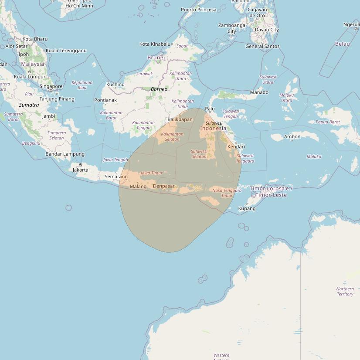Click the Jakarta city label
tap(81, 170)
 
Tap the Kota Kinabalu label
tap(154, 44)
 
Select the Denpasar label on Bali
tap(164, 186)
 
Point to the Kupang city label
tap(247, 208)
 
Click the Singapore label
tap(51, 86)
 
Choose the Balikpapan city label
tap(180, 119)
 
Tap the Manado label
tap(259, 92)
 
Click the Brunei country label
tap(156, 58)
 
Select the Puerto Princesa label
tap(198, 10)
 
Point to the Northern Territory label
tap(345, 292)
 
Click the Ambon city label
tap(292, 136)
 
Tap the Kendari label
tap(236, 146)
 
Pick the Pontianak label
tap(105, 100)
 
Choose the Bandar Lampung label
tap(65, 154)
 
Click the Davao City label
tap(267, 30)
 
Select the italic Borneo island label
tap(159, 89)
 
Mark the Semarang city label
tap(116, 177)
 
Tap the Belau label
tap(343, 44)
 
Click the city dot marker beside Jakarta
tap(81, 165)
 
